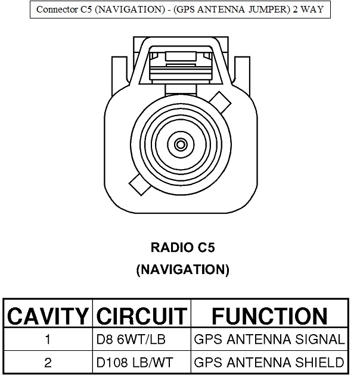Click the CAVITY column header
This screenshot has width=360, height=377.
[x=48, y=316]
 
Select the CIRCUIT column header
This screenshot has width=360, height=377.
[x=141, y=316]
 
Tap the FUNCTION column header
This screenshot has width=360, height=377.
[x=269, y=316]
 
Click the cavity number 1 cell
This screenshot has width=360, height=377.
[x=48, y=340]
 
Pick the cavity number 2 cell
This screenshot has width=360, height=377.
[x=48, y=362]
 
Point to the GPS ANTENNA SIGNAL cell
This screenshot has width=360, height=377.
[x=269, y=340]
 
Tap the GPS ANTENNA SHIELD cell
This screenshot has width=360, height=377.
[x=269, y=362]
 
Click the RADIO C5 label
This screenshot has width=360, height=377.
[x=182, y=247]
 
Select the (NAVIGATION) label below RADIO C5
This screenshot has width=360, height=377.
[x=182, y=269]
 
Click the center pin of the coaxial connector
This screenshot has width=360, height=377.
[x=180, y=144]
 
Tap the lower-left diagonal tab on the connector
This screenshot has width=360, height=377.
[x=138, y=185]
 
